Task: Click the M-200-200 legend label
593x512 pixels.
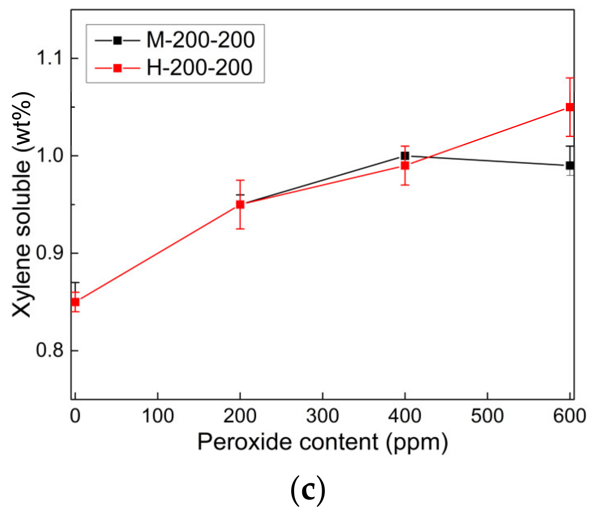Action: tap(200, 40)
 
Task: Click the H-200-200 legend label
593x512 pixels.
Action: tap(199, 67)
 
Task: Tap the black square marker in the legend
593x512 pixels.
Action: tap(117, 40)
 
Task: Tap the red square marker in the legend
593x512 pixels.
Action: tap(117, 68)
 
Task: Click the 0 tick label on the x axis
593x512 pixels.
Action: tap(75, 416)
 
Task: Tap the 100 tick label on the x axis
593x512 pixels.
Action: tap(157, 416)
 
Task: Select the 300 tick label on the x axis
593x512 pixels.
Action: tap(322, 416)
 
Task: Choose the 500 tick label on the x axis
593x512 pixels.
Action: tap(487, 416)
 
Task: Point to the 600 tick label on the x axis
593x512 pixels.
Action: tap(569, 416)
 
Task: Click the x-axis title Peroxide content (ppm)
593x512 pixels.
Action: tap(322, 442)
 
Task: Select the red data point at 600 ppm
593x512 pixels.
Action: tap(570, 107)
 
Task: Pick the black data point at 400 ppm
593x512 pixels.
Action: tap(405, 156)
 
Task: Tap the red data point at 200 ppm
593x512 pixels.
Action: tap(240, 204)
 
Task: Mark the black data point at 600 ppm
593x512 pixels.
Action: tap(570, 166)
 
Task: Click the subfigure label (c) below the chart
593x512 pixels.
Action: tap(308, 491)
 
